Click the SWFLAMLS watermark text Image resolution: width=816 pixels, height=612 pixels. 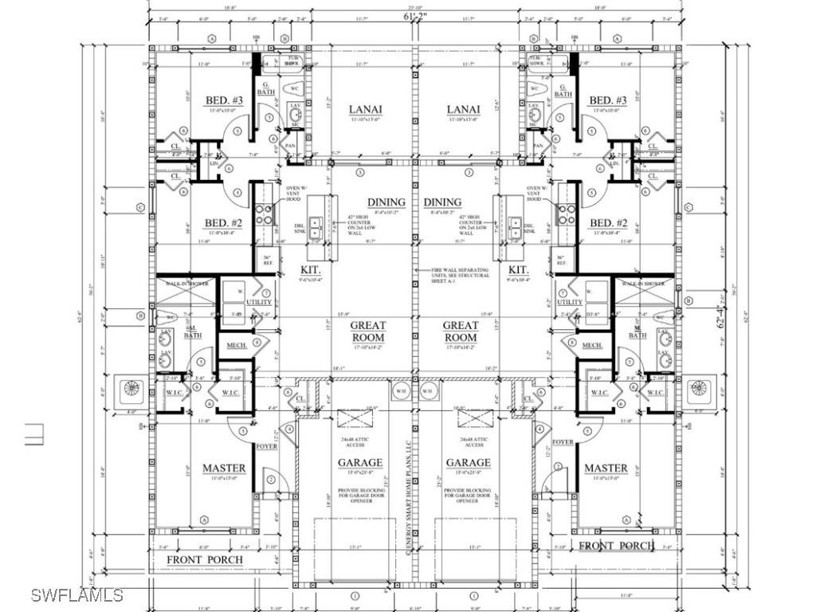[77, 594]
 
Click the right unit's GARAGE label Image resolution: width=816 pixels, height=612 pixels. [468, 462]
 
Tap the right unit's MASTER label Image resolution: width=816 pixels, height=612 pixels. [606, 468]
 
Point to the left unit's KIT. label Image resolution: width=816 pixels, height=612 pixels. [311, 270]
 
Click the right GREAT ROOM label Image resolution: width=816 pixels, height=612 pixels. [461, 331]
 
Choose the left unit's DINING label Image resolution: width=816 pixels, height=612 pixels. [386, 202]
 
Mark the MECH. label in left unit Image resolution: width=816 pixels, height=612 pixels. [237, 345]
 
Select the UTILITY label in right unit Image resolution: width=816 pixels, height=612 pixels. [569, 302]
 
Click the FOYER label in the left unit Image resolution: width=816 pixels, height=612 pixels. [266, 446]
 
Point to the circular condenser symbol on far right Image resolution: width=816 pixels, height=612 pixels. [699, 388]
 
